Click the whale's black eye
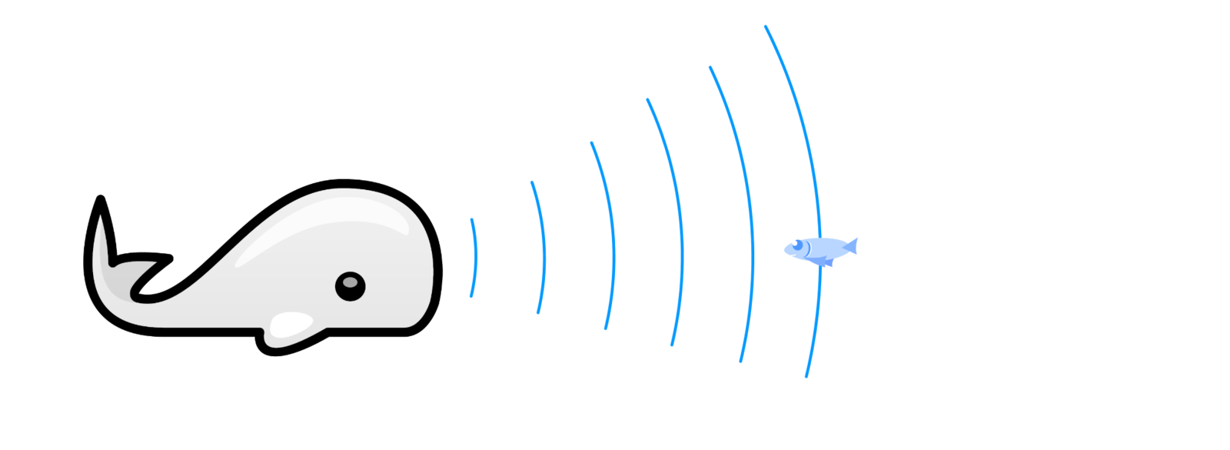[350, 286]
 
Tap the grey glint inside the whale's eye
[350, 282]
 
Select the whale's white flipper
[291, 325]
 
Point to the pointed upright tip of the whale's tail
[100, 219]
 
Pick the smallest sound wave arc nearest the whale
[475, 258]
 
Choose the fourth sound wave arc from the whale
[681, 223]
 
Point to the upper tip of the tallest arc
[766, 27]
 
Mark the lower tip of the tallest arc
[806, 376]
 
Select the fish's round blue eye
[797, 245]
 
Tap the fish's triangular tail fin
[852, 246]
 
